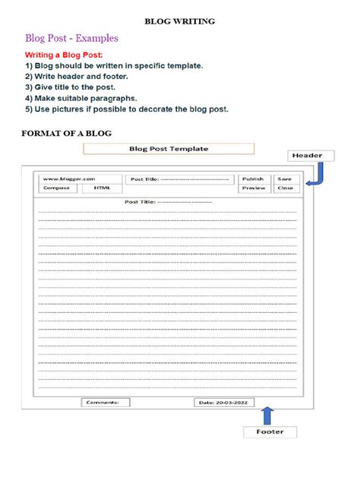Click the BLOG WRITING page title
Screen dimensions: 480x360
180,22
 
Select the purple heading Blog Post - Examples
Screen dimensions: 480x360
71,38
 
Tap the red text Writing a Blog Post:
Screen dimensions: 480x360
64,55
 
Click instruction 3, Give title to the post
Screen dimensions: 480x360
80,87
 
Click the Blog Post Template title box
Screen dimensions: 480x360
169,150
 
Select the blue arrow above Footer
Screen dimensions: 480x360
267,414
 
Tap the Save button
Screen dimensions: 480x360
285,179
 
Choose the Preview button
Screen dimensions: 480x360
254,188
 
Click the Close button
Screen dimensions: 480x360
285,188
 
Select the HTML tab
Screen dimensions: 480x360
101,188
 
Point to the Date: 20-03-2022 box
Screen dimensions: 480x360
227,403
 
